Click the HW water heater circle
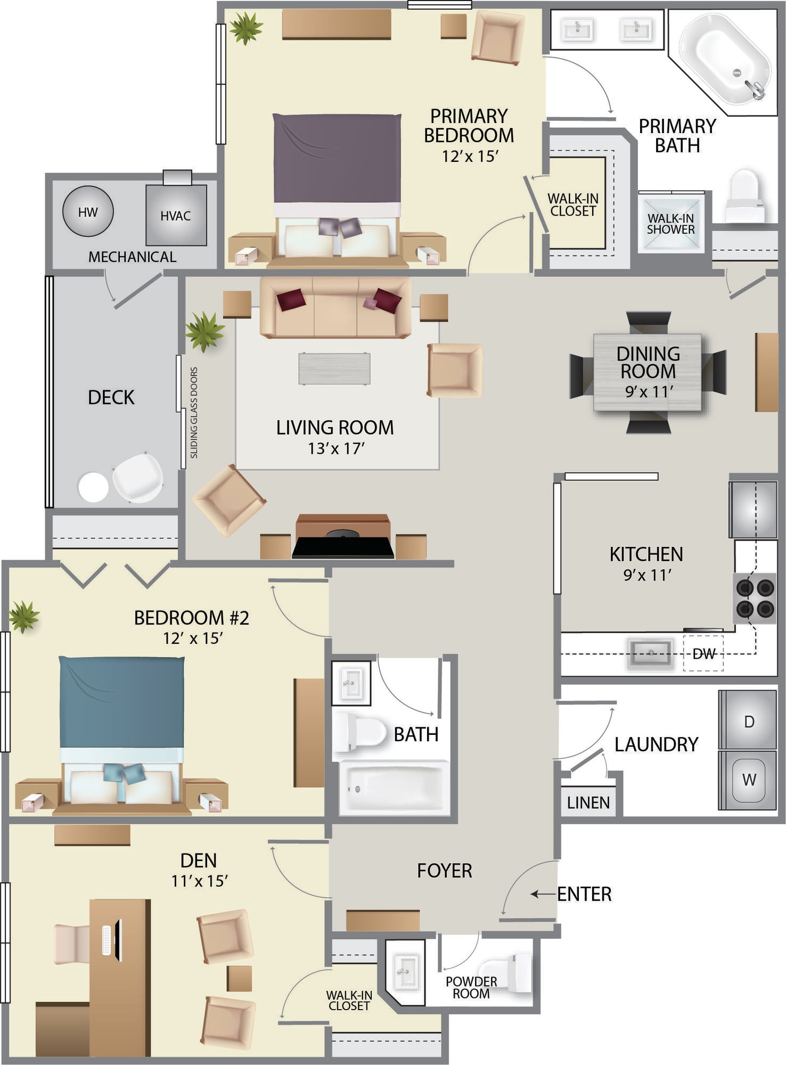tap(88, 211)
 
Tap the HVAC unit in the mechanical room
tap(176, 215)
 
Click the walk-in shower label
tap(670, 224)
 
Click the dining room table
tap(648, 372)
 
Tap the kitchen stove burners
tap(755, 598)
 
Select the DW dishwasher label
tap(703, 653)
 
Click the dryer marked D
tap(748, 720)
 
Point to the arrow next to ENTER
tap(543, 894)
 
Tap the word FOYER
tap(445, 871)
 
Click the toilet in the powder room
tap(504, 973)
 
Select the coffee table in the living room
tap(334, 368)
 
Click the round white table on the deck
tap(93, 487)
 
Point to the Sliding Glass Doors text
tap(194, 413)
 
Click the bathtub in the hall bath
tap(394, 787)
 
